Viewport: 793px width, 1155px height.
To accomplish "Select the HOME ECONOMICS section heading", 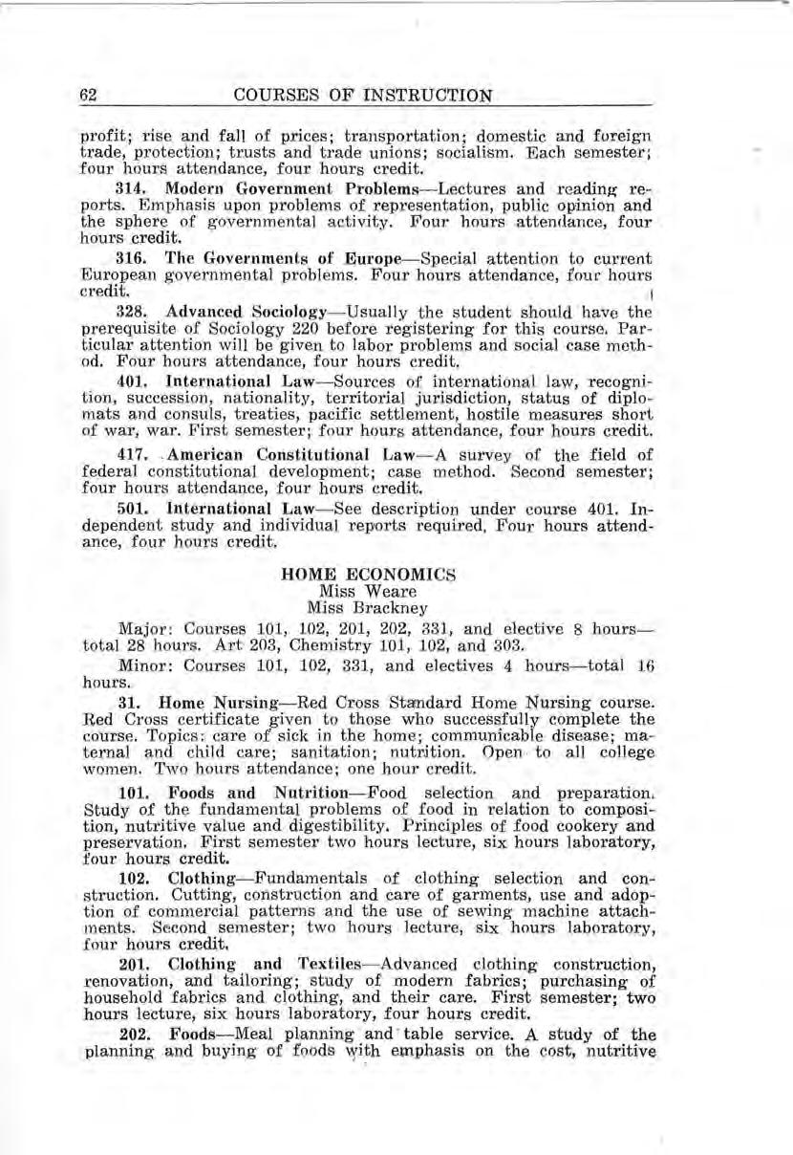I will click(355, 575).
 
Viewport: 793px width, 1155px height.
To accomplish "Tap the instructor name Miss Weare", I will click(355, 591).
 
